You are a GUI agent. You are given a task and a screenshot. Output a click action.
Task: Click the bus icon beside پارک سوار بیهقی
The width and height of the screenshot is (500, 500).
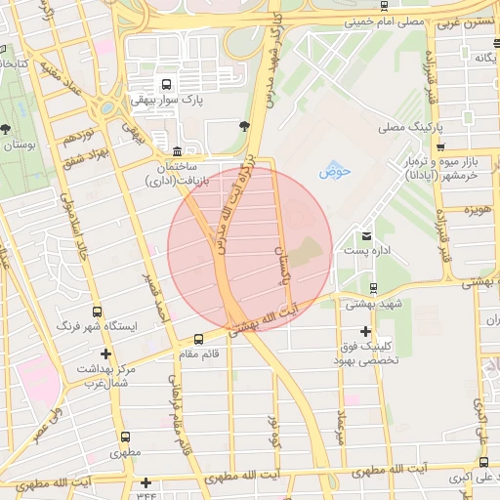[x=165, y=84]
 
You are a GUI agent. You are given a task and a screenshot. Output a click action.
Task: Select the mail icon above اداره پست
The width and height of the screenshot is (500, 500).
[x=366, y=235]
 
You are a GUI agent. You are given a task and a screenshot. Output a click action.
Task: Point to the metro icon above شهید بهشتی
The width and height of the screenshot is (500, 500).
[x=373, y=288]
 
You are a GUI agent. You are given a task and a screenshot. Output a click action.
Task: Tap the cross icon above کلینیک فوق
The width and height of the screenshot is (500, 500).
[x=365, y=331]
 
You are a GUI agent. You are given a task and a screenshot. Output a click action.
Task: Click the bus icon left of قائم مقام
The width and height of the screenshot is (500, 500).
[x=199, y=339]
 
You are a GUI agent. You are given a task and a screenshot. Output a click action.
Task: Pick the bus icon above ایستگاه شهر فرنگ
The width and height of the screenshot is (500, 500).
[x=95, y=311]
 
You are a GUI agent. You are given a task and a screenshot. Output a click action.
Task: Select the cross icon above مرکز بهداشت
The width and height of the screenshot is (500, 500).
[x=105, y=354]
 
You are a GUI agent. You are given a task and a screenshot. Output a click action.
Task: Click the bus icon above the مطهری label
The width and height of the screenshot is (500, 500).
[x=124, y=437]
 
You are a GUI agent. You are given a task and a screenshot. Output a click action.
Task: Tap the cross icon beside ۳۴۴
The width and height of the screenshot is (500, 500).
[x=146, y=482]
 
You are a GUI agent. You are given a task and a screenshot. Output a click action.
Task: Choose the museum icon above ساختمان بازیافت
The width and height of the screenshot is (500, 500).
[x=176, y=151]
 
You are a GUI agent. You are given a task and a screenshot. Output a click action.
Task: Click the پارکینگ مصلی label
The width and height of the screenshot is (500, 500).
[x=409, y=128]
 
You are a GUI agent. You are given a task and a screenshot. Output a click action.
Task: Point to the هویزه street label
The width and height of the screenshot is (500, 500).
[x=478, y=210]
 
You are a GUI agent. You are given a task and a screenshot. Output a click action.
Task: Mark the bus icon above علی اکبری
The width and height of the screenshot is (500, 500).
[x=483, y=462]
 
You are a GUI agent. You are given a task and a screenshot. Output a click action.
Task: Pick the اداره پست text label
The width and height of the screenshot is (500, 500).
[x=368, y=252]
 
